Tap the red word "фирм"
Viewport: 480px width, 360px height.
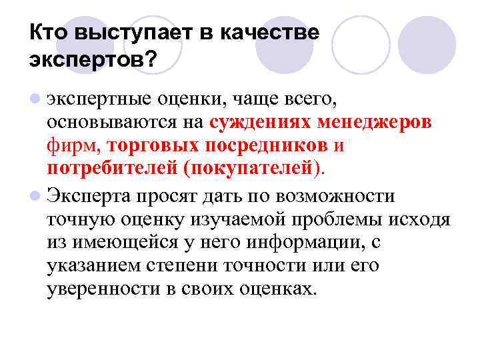(x=74, y=145)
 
